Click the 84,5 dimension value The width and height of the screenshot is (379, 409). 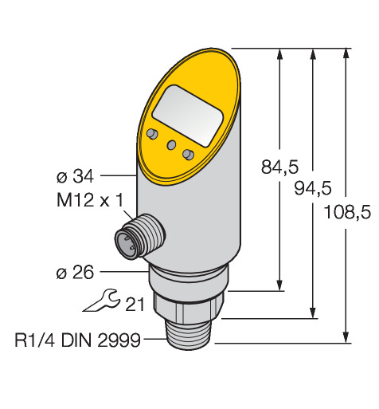click(x=279, y=167)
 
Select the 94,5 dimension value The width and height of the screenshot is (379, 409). click(x=313, y=188)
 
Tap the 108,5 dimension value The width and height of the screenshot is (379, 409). click(x=347, y=212)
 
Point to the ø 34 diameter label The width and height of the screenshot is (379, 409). click(x=75, y=176)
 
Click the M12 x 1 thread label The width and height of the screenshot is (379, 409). click(x=90, y=200)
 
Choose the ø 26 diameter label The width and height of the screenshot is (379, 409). click(x=75, y=273)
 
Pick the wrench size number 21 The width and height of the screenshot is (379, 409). click(x=135, y=304)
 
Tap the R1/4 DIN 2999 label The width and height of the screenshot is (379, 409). click(x=77, y=340)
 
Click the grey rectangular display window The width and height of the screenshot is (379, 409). click(x=187, y=116)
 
